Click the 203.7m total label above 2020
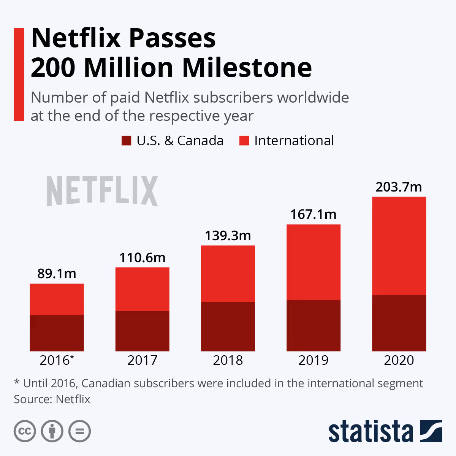[399, 187]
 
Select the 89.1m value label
[57, 274]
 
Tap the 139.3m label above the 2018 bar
[228, 236]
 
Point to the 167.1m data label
[313, 214]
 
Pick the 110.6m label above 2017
[142, 258]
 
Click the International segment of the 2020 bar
[399, 246]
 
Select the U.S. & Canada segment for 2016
[57, 333]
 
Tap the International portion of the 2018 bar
[228, 274]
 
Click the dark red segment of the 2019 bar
[313, 326]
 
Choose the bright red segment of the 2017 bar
[142, 289]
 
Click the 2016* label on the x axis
[57, 360]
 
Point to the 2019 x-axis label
[313, 360]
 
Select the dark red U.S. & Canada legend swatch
[126, 141]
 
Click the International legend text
[294, 141]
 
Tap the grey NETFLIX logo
[102, 191]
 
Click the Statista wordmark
[370, 432]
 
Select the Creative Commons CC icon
[25, 431]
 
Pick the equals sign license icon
[79, 431]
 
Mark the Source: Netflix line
[52, 399]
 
